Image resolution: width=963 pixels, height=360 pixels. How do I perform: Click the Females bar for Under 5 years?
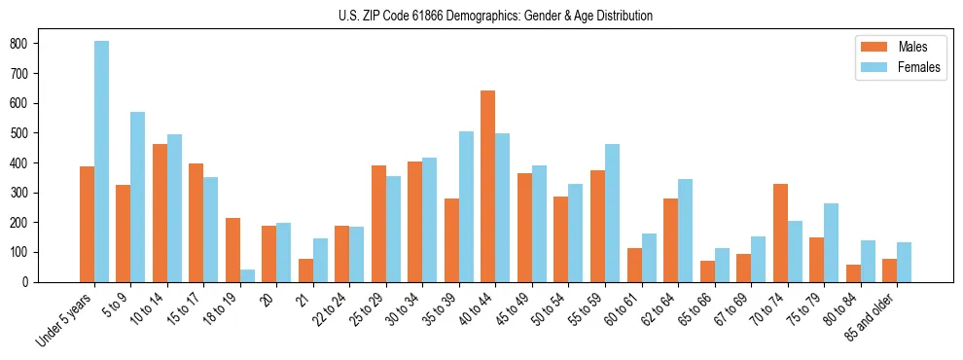tap(101, 162)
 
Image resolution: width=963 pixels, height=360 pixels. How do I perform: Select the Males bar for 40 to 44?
tap(487, 186)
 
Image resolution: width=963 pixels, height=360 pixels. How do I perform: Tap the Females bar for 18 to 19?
tap(247, 275)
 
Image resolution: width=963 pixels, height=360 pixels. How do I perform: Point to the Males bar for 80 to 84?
tap(852, 273)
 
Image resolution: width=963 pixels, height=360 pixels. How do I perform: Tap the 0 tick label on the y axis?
tap(31, 282)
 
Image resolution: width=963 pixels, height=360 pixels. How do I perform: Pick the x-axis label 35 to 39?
tap(446, 310)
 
